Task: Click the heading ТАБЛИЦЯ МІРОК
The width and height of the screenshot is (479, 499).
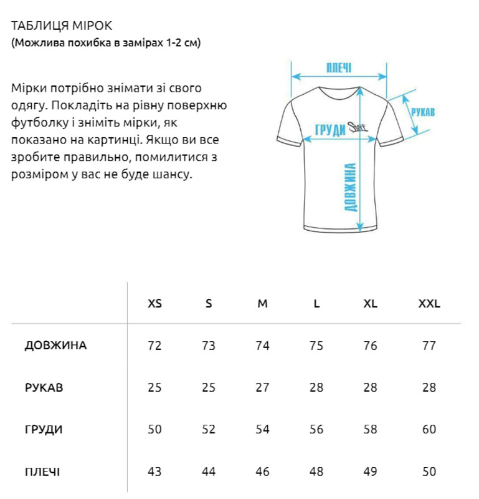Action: click(x=61, y=26)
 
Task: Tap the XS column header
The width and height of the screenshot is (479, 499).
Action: click(x=154, y=304)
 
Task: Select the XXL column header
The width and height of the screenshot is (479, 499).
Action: click(x=429, y=304)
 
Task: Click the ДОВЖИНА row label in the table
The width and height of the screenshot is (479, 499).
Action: click(x=55, y=346)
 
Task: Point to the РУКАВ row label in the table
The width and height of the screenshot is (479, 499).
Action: click(x=44, y=387)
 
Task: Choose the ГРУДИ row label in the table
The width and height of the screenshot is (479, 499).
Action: click(x=44, y=429)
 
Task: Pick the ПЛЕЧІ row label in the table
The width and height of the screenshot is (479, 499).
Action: click(x=42, y=472)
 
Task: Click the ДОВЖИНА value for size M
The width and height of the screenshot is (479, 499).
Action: click(x=263, y=346)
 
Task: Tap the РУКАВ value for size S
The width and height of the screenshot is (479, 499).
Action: click(x=209, y=387)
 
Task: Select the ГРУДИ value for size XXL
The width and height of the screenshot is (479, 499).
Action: click(x=429, y=429)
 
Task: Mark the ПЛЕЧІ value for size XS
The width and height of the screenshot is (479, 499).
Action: click(x=154, y=472)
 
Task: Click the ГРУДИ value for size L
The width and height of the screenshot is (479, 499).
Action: click(x=316, y=429)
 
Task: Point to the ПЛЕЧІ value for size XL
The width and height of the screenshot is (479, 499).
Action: click(x=370, y=472)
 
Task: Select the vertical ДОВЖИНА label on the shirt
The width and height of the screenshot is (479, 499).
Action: click(x=351, y=187)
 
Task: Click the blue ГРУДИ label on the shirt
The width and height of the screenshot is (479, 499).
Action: click(x=330, y=130)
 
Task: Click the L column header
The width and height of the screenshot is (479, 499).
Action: click(x=316, y=304)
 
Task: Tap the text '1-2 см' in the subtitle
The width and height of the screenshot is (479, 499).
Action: click(x=184, y=43)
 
